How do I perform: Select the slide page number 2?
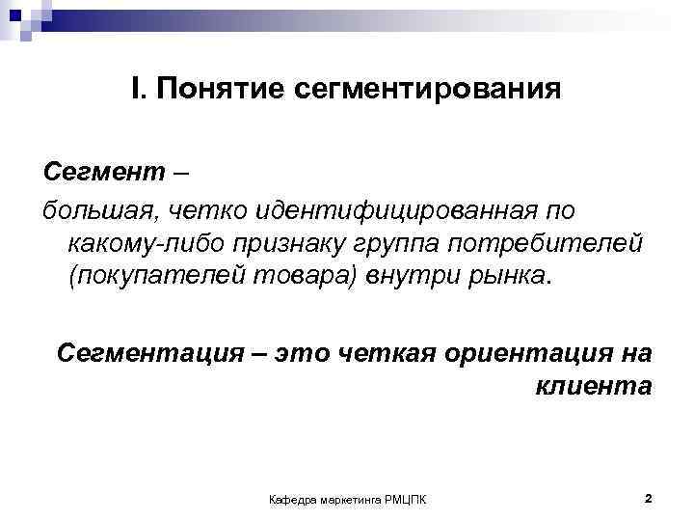click(x=648, y=498)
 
